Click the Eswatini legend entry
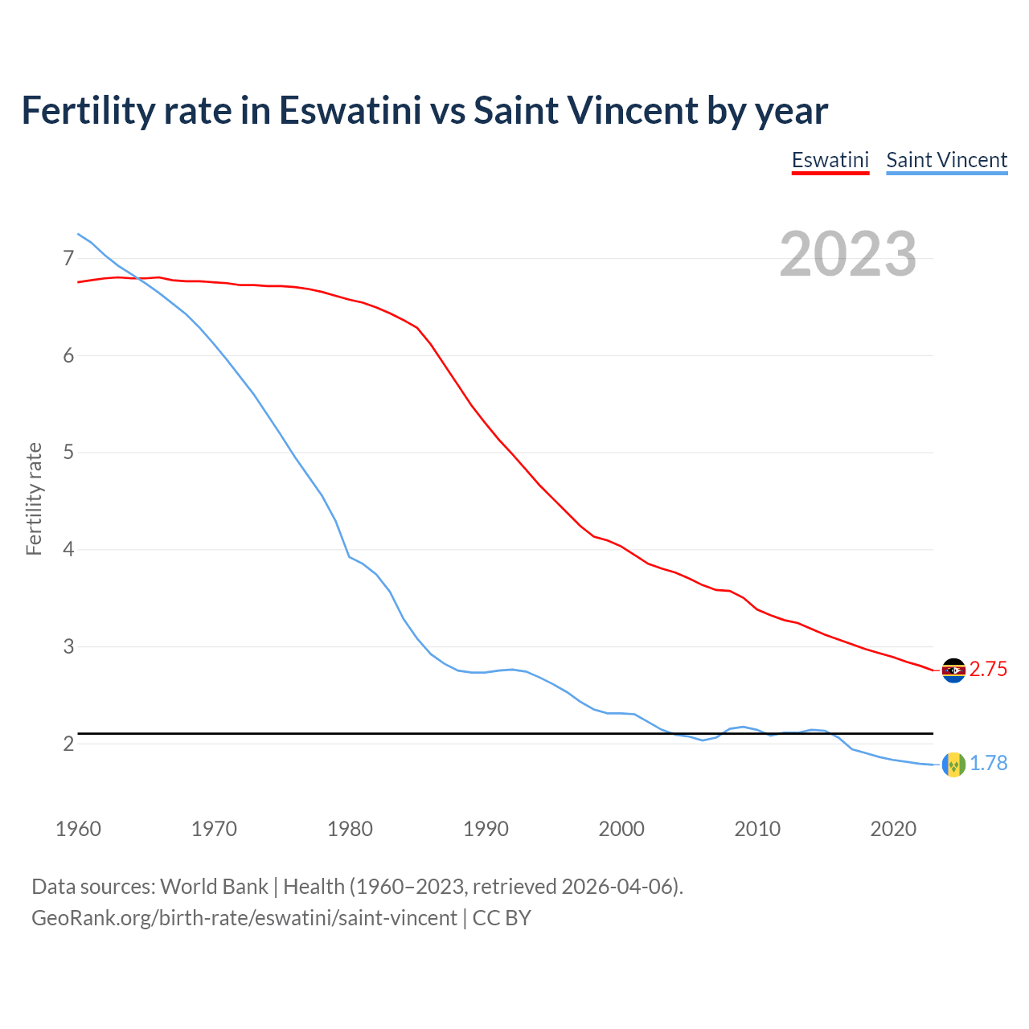pyautogui.click(x=830, y=160)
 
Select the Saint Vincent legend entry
pyautogui.click(x=946, y=160)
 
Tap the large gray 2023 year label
pyautogui.click(x=847, y=254)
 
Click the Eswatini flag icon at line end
pyautogui.click(x=953, y=670)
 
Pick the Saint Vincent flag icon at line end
pyautogui.click(x=953, y=764)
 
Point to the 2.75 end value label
pyautogui.click(x=988, y=670)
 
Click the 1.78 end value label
pyautogui.click(x=988, y=764)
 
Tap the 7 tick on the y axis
pyautogui.click(x=68, y=258)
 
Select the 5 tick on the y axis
pyautogui.click(x=68, y=453)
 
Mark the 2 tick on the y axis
pyautogui.click(x=68, y=744)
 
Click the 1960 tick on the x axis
pyautogui.click(x=78, y=829)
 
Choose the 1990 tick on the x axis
pyautogui.click(x=486, y=829)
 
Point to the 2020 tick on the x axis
pyautogui.click(x=893, y=829)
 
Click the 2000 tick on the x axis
pyautogui.click(x=621, y=829)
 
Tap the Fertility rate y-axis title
pyautogui.click(x=34, y=498)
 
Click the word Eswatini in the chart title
pyautogui.click(x=350, y=111)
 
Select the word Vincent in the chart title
pyautogui.click(x=633, y=111)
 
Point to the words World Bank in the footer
pyautogui.click(x=214, y=887)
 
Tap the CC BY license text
pyautogui.click(x=502, y=917)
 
